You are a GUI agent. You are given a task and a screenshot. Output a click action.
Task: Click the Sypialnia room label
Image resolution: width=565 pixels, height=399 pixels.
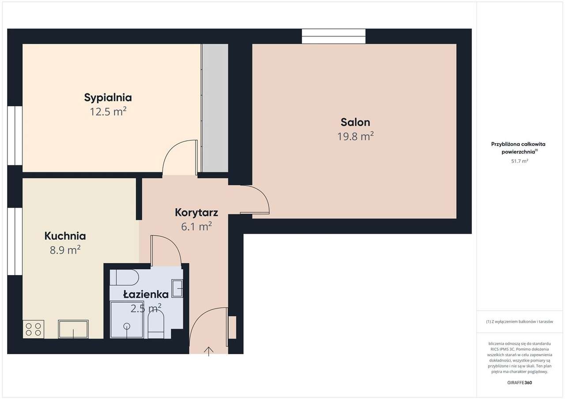pyautogui.click(x=108, y=97)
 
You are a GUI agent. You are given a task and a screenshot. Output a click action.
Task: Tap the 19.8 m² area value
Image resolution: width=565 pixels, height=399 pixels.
pyautogui.click(x=355, y=137)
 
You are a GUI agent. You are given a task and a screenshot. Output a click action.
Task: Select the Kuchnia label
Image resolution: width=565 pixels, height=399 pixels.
pyautogui.click(x=65, y=236)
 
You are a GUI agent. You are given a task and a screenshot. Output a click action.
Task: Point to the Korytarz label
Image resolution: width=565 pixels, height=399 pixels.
pyautogui.click(x=196, y=212)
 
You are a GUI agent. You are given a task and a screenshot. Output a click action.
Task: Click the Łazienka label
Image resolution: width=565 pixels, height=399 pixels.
pyautogui.click(x=139, y=294)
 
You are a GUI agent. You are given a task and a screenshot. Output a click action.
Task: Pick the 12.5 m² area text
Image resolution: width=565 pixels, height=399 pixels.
pyautogui.click(x=108, y=112)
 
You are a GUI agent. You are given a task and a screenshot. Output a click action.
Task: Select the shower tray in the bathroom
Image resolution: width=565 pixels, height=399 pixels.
pyautogui.click(x=127, y=320)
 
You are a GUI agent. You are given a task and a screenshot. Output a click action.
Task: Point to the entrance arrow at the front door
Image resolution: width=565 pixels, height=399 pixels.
pyautogui.click(x=209, y=351)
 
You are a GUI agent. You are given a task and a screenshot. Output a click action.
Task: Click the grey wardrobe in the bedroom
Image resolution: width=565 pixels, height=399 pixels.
pyautogui.click(x=215, y=108)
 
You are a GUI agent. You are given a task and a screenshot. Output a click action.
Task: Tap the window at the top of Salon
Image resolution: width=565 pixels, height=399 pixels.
pyautogui.click(x=334, y=36)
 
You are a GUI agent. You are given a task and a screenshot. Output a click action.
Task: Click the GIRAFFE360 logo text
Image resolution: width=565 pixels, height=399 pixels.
pyautogui.click(x=520, y=382)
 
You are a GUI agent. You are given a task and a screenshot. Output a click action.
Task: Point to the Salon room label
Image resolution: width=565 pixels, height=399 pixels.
pyautogui.click(x=355, y=122)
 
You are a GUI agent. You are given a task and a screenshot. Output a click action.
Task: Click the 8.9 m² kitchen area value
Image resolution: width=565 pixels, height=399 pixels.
pyautogui.click(x=65, y=250)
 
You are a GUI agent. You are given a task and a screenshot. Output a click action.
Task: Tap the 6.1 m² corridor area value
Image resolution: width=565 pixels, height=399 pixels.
pyautogui.click(x=196, y=227)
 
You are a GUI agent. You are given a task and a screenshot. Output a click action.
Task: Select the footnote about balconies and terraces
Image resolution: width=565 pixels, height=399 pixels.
pyautogui.click(x=520, y=322)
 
